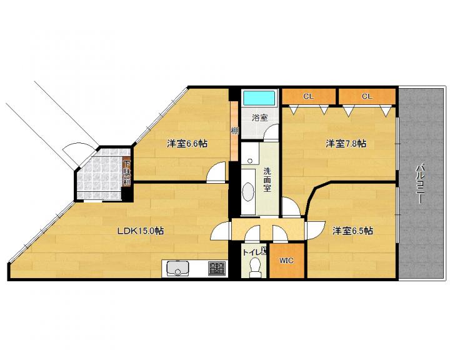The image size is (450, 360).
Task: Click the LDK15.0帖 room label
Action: (141, 231)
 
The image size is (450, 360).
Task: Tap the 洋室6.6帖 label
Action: (187, 143)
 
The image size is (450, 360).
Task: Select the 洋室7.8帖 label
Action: (346, 143)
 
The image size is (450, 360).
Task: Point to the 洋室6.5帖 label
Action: (352, 231)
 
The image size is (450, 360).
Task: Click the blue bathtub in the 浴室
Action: (259, 98)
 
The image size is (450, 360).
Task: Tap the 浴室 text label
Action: (260, 117)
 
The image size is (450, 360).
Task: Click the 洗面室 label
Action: (267, 180)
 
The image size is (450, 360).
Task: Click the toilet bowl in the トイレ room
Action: (254, 267)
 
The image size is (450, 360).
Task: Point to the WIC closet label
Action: (286, 261)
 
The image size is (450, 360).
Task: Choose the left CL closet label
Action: (309, 96)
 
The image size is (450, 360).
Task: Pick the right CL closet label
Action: (366, 96)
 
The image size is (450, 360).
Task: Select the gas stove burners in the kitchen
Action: (217, 268)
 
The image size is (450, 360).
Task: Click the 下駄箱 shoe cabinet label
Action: (127, 172)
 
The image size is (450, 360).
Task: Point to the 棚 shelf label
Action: (235, 131)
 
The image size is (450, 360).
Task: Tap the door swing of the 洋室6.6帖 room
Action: (216, 172)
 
